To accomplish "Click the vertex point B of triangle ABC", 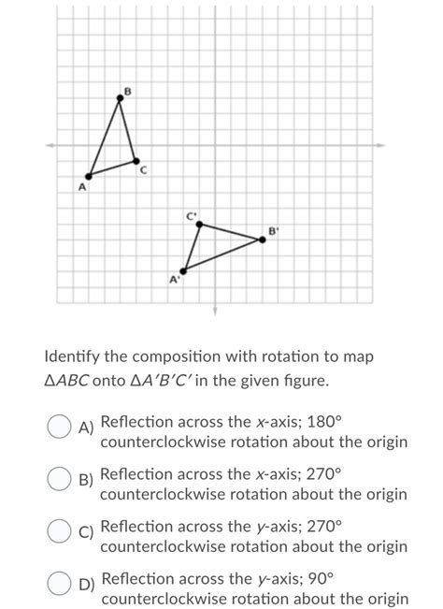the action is tap(120, 97).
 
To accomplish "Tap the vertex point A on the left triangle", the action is tap(89, 175).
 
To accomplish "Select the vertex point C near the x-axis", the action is tap(136, 160).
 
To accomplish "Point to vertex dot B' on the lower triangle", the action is tap(262, 239).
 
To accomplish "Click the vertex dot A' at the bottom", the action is tap(183, 270).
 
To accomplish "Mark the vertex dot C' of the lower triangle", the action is tap(198, 224).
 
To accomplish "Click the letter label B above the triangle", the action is tap(128, 90).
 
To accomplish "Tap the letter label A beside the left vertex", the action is tap(81, 187).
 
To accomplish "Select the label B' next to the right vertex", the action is tap(273, 229).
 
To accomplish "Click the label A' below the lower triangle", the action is tap(174, 280).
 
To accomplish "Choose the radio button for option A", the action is tap(58, 428).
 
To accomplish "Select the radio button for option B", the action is tap(58, 480).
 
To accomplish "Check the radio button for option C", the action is tap(58, 532).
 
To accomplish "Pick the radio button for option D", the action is tap(58, 585).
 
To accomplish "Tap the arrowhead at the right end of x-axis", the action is tap(379, 144).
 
